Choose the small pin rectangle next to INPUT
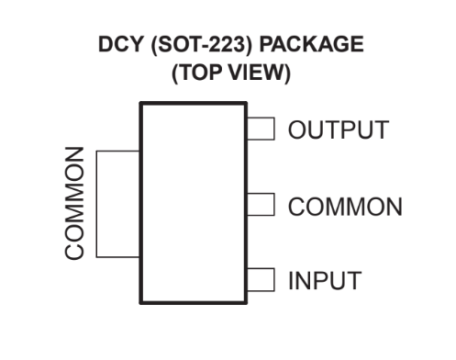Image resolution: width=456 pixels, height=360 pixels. coord(263,277)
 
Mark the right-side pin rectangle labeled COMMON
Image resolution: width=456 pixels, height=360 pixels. coord(263,204)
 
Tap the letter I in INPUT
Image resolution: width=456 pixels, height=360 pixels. coord(291,278)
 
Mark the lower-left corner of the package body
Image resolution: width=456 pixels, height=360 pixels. coord(139,302)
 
